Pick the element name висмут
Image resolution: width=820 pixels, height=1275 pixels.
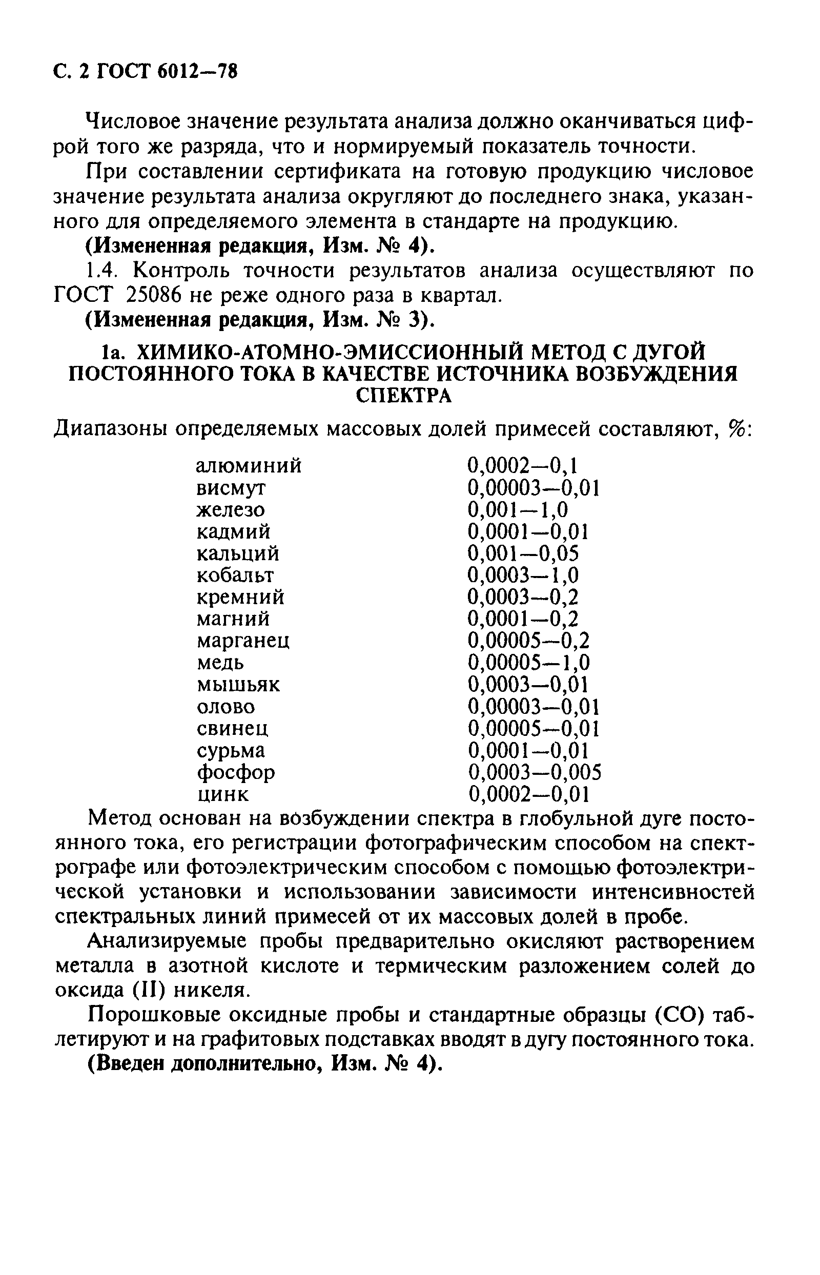(x=231, y=488)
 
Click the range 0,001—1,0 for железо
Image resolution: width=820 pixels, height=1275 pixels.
(x=518, y=510)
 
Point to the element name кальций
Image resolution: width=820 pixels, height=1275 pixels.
(x=237, y=553)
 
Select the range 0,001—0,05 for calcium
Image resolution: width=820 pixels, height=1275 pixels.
(x=522, y=553)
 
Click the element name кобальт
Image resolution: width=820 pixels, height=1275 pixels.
(x=235, y=575)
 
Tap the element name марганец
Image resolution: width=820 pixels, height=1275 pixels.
(x=243, y=641)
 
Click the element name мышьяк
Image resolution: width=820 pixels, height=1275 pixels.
(x=238, y=685)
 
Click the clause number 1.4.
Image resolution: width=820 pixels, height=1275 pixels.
(x=101, y=271)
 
